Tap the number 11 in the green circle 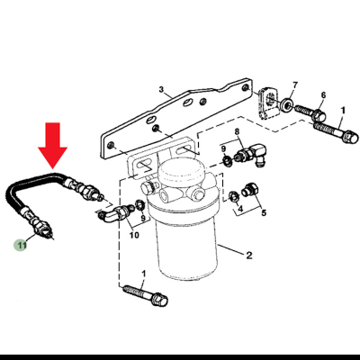point(21,244)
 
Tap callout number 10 point(134,236)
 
